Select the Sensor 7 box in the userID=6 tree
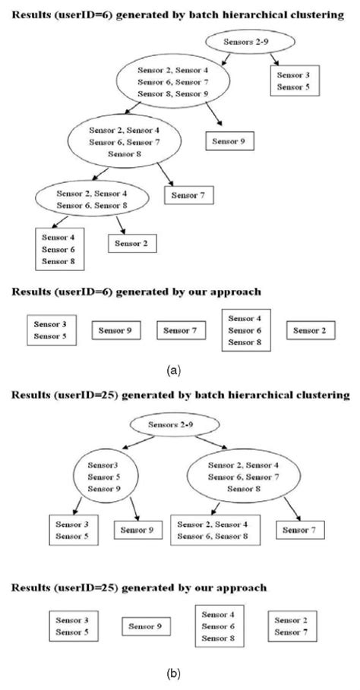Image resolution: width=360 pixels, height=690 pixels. [188, 196]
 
